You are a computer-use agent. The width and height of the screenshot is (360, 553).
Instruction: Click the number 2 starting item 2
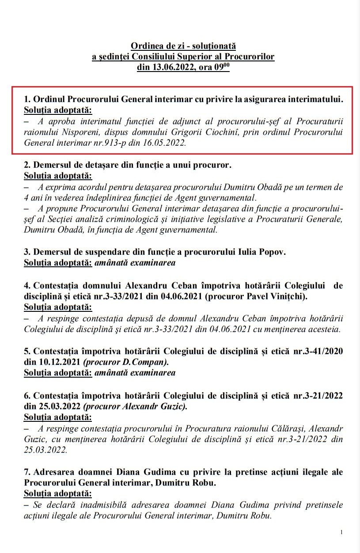pos(26,166)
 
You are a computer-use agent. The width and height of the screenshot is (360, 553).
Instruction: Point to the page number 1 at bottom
pos(342,532)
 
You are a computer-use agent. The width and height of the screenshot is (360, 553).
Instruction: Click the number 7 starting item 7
pos(26,472)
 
